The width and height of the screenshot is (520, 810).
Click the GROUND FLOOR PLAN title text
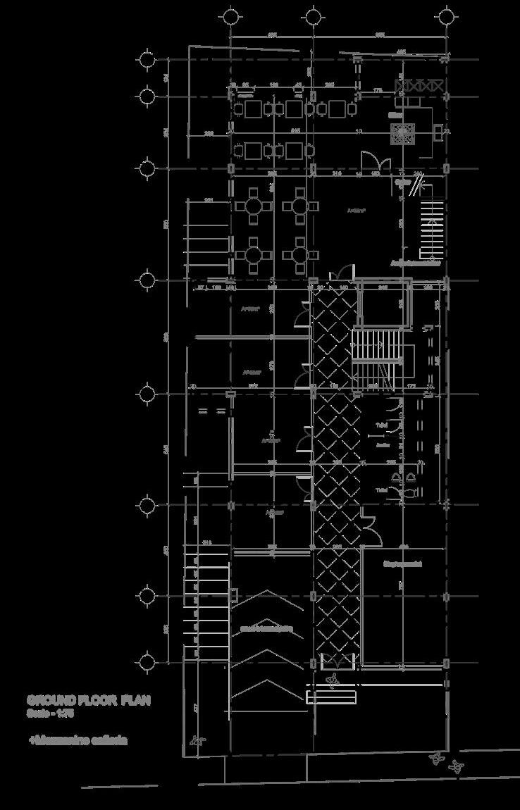[89, 701]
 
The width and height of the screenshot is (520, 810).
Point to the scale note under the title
[51, 714]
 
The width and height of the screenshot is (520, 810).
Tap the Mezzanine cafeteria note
[78, 741]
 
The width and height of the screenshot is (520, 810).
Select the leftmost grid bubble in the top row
[230, 16]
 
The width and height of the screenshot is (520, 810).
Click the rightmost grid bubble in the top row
[445, 16]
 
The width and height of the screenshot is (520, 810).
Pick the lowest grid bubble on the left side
[147, 662]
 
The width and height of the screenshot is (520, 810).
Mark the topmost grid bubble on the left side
[147, 60]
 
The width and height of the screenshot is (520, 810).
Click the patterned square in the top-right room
[403, 133]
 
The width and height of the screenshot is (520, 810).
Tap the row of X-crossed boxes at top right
[420, 86]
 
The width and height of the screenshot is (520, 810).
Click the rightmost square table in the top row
[338, 109]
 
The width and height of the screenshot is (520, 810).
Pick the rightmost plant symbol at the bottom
[459, 766]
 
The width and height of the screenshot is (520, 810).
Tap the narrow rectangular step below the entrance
[331, 697]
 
